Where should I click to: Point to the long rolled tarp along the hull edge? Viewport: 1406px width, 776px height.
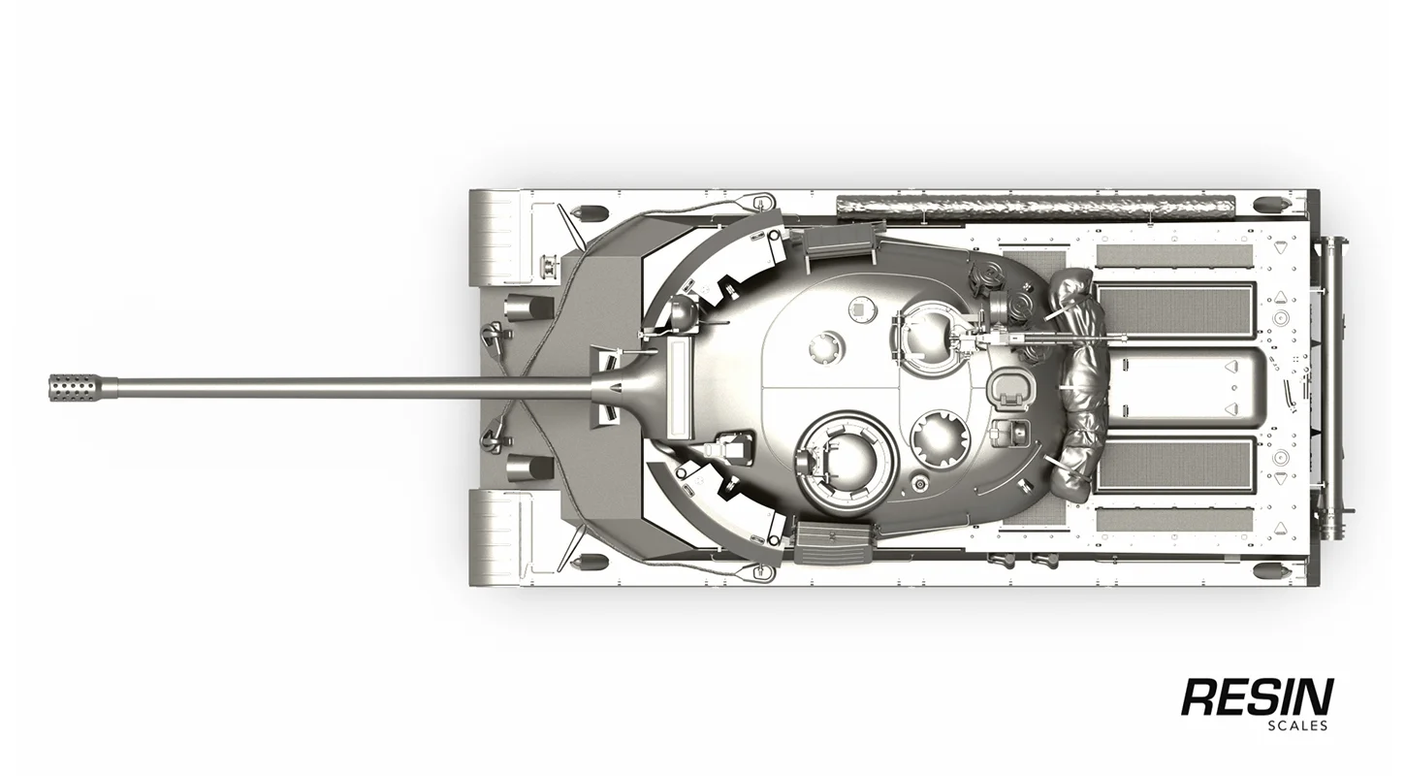[1036, 206]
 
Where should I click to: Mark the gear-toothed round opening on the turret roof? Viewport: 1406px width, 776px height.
[939, 438]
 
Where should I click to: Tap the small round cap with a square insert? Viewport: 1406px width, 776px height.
[860, 308]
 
